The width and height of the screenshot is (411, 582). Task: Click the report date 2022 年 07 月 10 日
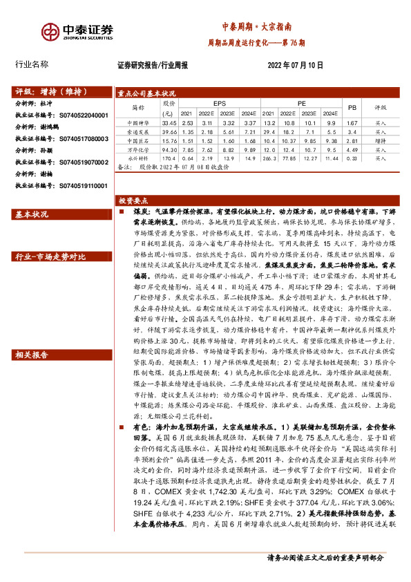coord(295,65)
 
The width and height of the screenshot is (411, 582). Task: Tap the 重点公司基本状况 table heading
coord(146,93)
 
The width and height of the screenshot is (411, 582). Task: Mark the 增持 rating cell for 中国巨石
coord(381,140)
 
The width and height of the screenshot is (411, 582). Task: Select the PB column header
coord(352,108)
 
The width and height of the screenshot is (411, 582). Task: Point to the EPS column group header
coord(220,103)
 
